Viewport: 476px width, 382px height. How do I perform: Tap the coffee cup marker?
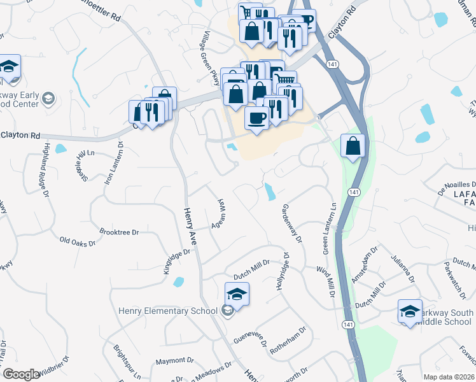point(256,119)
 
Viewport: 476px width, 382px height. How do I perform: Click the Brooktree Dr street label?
point(119,232)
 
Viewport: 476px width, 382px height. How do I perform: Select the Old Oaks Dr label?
point(77,242)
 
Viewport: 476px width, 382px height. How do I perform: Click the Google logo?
point(21,374)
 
